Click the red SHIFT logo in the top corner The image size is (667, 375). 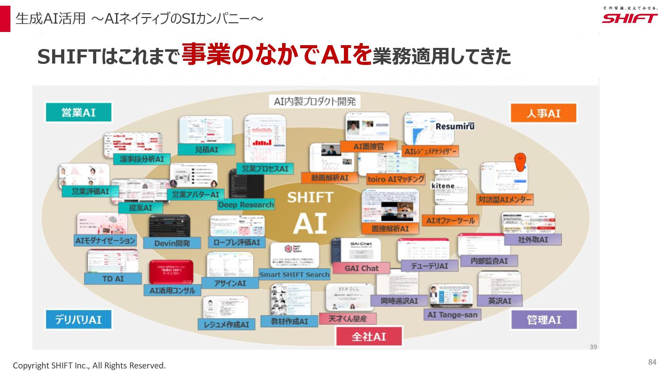pos(629,18)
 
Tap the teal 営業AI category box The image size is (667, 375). pos(79,112)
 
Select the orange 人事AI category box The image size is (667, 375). pos(543,113)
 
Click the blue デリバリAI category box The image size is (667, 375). pos(79,319)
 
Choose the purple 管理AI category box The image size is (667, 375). pos(544,320)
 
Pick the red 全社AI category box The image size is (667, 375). pos(369,336)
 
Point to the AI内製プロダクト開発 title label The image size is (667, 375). pos(315,101)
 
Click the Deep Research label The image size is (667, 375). pos(246,205)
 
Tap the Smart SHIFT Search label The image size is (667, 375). pos(294,275)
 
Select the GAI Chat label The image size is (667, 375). pos(361,268)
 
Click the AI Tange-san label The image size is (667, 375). pos(452,315)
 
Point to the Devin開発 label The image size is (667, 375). pos(172,243)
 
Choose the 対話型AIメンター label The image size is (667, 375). pos(505,199)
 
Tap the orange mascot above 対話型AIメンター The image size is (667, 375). pos(520,162)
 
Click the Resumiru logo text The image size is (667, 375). pos(455,126)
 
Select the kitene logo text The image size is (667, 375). pos(443,186)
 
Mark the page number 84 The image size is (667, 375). pos(652,362)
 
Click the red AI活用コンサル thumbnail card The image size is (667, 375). pos(171,272)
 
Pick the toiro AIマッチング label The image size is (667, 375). pos(396,179)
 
